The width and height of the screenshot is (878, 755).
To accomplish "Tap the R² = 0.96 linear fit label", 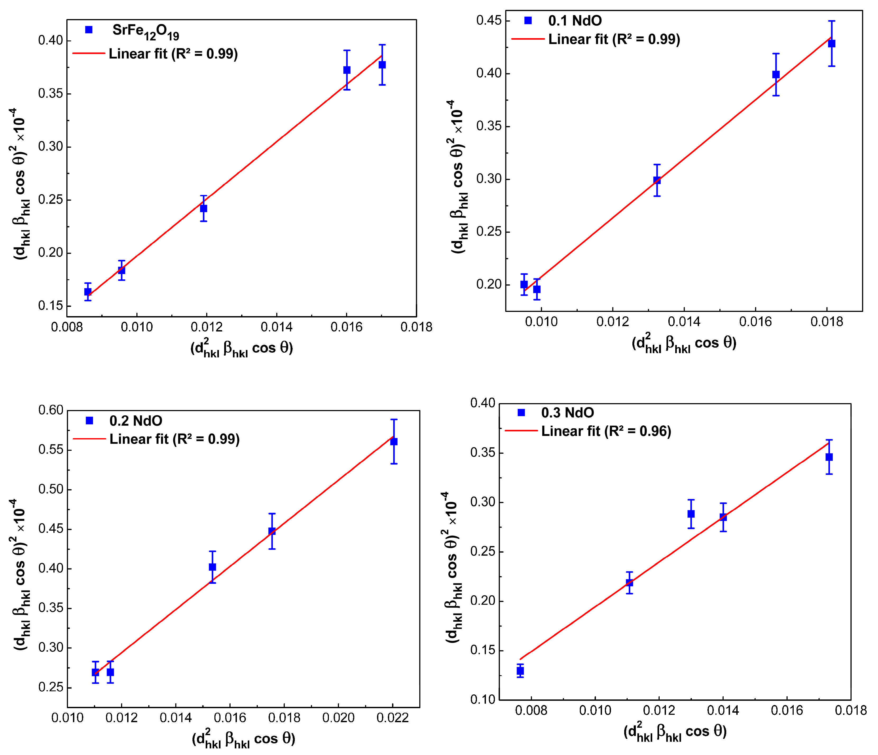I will (606, 431).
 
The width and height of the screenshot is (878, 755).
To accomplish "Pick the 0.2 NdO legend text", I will (136, 421).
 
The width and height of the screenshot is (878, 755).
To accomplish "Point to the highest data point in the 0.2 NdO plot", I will (394, 442).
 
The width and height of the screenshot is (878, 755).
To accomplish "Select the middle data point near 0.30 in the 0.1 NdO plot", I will (657, 180).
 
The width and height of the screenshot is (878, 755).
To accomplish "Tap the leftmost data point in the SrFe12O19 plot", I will (88, 292).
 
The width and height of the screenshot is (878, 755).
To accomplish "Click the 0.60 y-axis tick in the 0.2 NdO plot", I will (50, 410).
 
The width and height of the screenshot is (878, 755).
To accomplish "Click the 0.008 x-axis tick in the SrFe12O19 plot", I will (67, 327).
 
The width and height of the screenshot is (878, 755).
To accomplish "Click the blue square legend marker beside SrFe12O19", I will (89, 30).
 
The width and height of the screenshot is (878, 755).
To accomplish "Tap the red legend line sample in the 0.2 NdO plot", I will (89, 439).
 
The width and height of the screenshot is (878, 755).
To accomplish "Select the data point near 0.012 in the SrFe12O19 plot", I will (203, 208).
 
